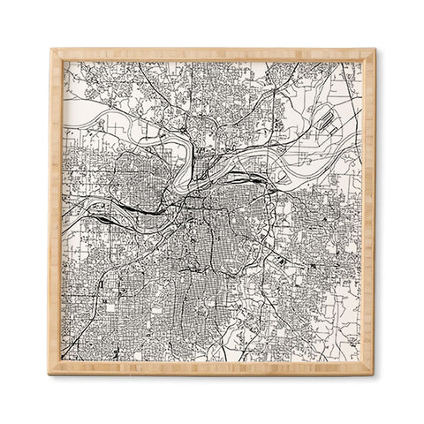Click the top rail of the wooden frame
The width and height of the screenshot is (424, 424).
(212, 54)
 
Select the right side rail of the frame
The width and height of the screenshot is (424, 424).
(369, 212)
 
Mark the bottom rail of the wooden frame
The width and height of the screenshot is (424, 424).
(212, 369)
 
